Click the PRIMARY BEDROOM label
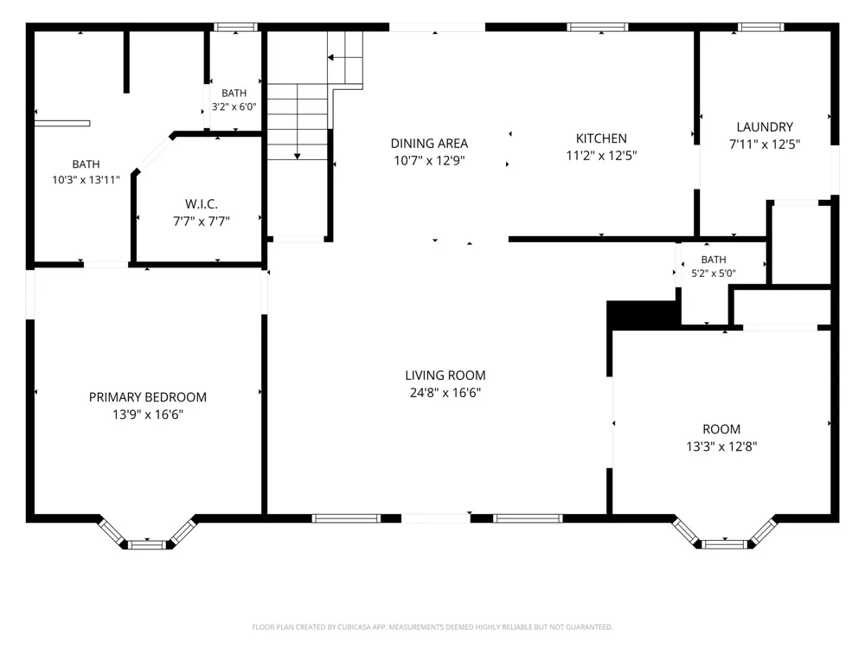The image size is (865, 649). pos(148,397)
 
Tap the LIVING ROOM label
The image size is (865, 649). pos(445,376)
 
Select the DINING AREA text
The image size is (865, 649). pos(429,144)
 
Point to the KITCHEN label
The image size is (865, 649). pos(601,138)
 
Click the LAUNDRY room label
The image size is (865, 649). pos(765,127)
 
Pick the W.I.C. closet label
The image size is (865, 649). pos(202,204)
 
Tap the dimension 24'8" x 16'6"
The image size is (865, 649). pos(445,392)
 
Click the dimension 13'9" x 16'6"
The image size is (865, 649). pos(148,414)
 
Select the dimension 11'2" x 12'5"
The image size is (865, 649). pos(601,156)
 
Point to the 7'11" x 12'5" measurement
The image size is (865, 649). pos(765,144)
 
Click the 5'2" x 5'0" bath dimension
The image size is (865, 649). pos(714,273)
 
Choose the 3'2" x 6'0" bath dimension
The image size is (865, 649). pos(234,106)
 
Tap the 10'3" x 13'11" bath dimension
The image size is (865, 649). pos(86,179)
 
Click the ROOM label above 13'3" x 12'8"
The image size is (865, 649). pos(721,429)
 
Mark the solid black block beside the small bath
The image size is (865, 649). pos(644,315)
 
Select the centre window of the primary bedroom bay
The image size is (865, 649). pos(147,545)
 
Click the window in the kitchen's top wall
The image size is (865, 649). pos(598,27)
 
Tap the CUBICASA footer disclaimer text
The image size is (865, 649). pos(432,627)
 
